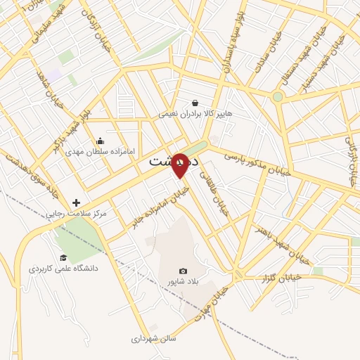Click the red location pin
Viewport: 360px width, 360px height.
coord(180,165)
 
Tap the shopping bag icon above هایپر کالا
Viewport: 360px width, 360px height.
coord(195,103)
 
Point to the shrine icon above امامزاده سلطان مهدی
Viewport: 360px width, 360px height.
coord(101,141)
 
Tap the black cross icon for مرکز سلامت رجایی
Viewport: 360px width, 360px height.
coord(76,202)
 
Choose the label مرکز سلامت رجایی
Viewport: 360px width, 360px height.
coord(76,213)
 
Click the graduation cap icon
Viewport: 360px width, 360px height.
coord(63,258)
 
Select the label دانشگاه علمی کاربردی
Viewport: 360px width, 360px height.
coord(63,269)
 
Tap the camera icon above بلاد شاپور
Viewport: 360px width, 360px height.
coord(184,271)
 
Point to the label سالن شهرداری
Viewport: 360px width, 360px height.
coord(153,338)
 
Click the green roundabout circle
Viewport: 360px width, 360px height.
coord(278,96)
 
